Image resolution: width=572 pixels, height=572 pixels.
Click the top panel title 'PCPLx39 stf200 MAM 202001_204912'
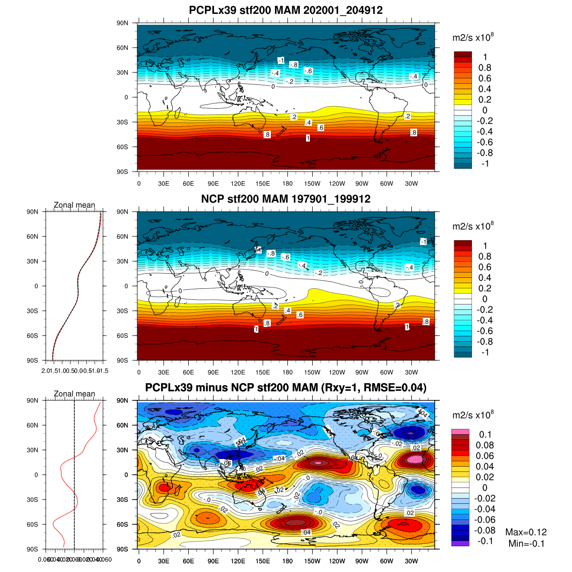pyautogui.click(x=286, y=10)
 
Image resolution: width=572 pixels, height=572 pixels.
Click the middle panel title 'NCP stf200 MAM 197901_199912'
pyautogui.click(x=286, y=199)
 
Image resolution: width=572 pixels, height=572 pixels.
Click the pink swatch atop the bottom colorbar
pyautogui.click(x=460, y=431)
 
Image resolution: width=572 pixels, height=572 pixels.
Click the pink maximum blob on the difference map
pyautogui.click(x=415, y=459)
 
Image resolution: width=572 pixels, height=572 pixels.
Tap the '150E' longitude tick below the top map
pyautogui.click(x=263, y=184)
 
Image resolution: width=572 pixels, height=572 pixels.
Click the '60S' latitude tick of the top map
pyautogui.click(x=123, y=147)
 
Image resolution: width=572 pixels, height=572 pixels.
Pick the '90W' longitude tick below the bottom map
pyautogui.click(x=362, y=561)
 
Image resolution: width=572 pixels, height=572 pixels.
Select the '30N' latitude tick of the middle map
pyautogui.click(x=123, y=261)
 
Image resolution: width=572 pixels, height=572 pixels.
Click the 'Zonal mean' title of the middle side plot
pyautogui.click(x=74, y=205)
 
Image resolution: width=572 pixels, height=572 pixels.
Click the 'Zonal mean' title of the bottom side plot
pyautogui.click(x=74, y=394)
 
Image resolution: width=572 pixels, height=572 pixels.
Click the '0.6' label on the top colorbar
pyautogui.click(x=485, y=78)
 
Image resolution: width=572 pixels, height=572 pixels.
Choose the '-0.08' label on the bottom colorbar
pyautogui.click(x=485, y=530)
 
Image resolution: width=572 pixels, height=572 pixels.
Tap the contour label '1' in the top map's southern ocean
pyautogui.click(x=308, y=138)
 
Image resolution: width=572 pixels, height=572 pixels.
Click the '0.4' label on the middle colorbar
pyautogui.click(x=485, y=277)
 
